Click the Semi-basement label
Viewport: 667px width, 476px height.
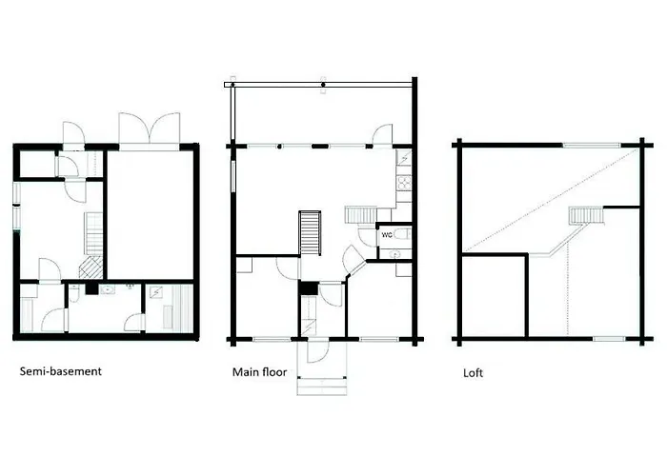click(61, 371)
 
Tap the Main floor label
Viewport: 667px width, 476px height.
click(259, 372)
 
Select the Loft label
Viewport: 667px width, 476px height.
click(473, 373)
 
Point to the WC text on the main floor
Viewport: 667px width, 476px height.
click(387, 235)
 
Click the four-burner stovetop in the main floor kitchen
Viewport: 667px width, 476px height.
click(404, 183)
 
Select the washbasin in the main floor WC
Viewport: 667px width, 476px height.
click(395, 254)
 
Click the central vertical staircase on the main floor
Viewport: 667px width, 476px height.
click(310, 233)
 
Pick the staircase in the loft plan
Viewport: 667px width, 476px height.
click(586, 215)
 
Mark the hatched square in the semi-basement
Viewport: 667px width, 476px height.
click(91, 268)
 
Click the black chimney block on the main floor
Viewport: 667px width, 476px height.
click(309, 288)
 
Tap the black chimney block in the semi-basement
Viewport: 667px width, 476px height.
click(91, 289)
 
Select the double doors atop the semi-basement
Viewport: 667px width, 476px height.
click(150, 128)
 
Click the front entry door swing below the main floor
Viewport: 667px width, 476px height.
click(317, 352)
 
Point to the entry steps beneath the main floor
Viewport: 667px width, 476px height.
click(322, 387)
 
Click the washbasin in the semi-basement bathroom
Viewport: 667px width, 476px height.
click(108, 290)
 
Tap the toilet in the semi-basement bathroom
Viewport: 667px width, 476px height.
click(74, 293)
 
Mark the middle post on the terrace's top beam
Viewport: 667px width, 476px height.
click(323, 85)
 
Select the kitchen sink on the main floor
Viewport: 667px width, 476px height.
click(404, 160)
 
